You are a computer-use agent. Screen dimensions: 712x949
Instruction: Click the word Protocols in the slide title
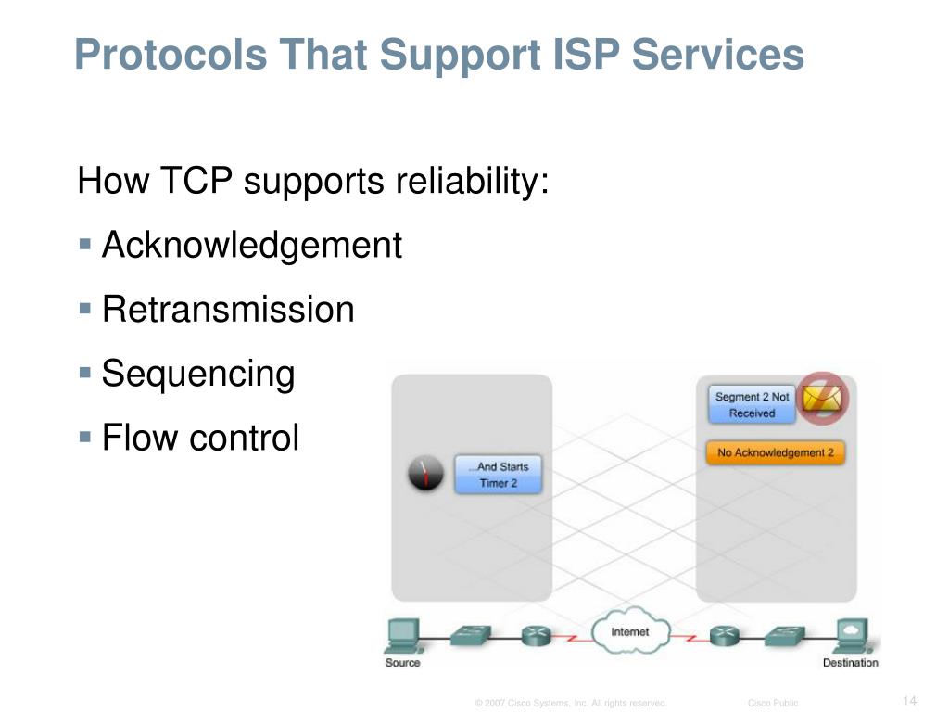point(158,55)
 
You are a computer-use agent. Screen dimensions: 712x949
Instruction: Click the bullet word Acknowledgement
point(252,246)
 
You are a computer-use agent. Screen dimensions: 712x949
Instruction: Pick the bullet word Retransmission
point(228,310)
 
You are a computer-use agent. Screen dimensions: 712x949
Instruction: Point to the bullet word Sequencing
point(198,374)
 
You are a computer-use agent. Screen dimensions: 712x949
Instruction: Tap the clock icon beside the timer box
point(426,475)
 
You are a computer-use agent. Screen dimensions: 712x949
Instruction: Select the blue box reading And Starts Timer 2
point(498,475)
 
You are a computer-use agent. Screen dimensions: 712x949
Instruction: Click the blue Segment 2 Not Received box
point(752,404)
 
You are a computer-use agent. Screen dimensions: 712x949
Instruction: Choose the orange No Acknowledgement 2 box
point(776,453)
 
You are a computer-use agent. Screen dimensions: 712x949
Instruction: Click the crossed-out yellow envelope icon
point(823,399)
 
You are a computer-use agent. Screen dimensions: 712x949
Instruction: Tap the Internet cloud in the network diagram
point(629,632)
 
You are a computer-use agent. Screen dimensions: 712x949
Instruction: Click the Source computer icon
point(402,635)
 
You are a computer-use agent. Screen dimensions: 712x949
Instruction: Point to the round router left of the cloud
point(536,637)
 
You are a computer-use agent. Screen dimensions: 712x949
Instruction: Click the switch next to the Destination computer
point(784,636)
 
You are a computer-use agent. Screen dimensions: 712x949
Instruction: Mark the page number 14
point(908,700)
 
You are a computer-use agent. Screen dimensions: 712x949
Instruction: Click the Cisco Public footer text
point(773,703)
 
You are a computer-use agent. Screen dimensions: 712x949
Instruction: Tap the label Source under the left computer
point(402,662)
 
